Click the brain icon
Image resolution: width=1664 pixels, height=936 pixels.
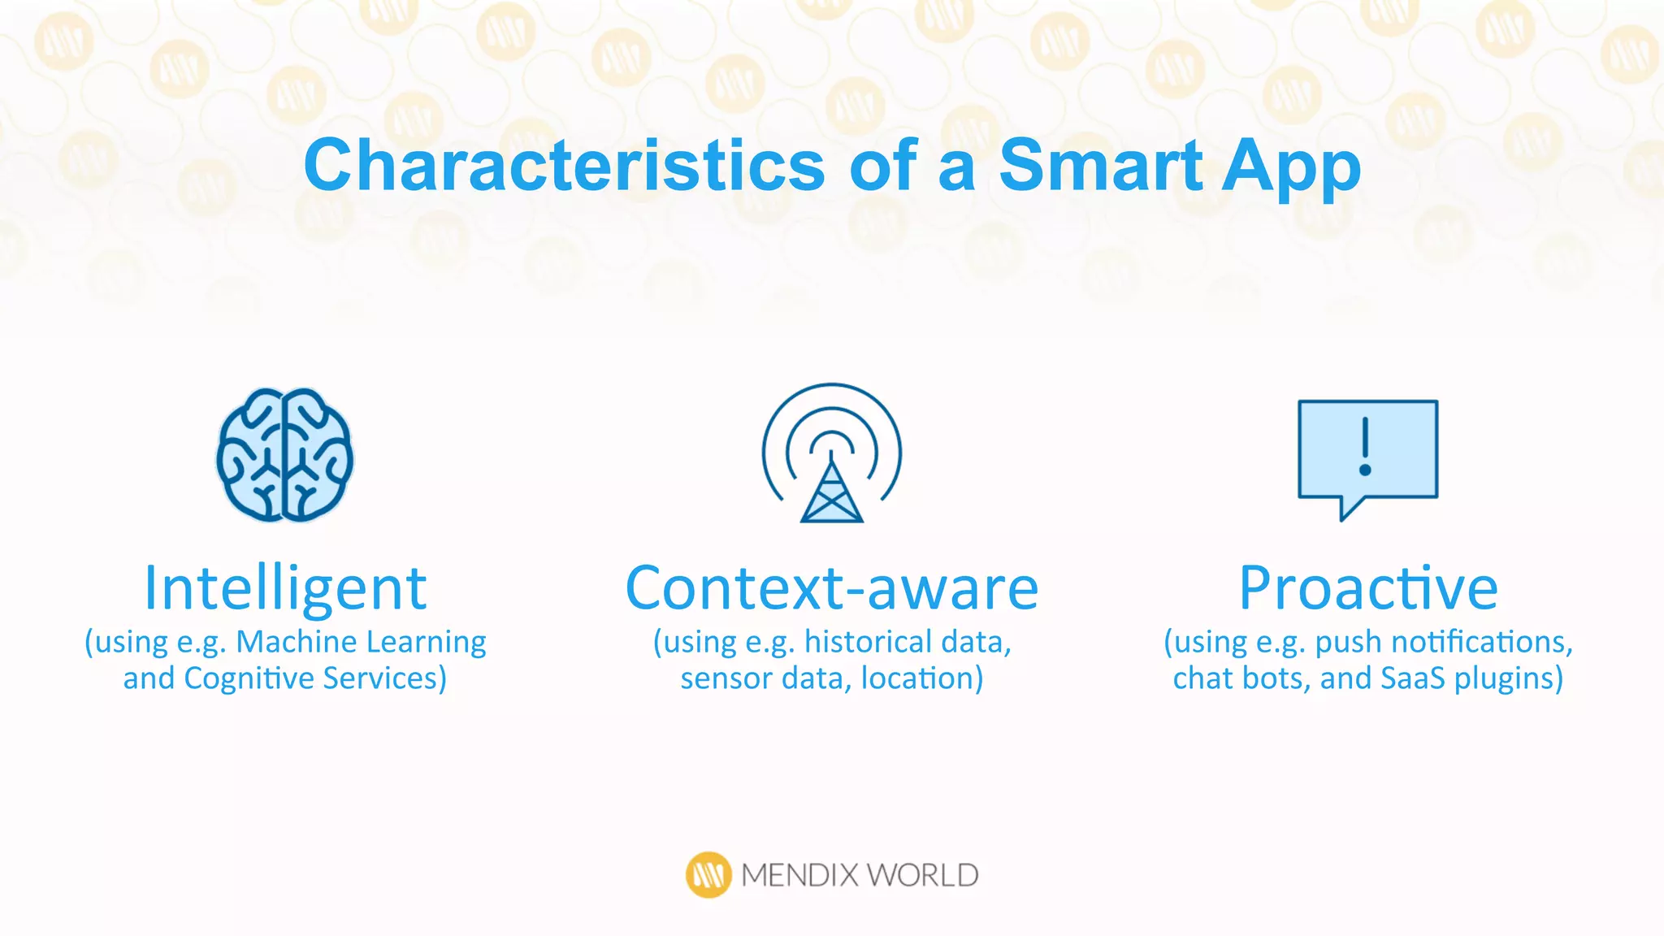click(284, 454)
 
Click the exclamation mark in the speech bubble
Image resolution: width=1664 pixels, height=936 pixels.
click(1365, 447)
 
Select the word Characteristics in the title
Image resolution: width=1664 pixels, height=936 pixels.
click(564, 166)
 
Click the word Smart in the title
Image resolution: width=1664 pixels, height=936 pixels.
click(1100, 166)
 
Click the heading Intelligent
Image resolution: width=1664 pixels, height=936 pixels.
click(285, 588)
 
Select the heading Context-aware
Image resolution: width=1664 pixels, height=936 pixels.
click(831, 588)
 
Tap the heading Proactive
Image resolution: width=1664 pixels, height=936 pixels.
click(1368, 588)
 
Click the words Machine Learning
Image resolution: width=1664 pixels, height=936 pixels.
click(361, 642)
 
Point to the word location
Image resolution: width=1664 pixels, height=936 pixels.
click(921, 678)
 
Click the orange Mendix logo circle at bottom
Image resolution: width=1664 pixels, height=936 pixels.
click(708, 875)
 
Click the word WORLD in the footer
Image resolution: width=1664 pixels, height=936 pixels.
click(921, 875)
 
